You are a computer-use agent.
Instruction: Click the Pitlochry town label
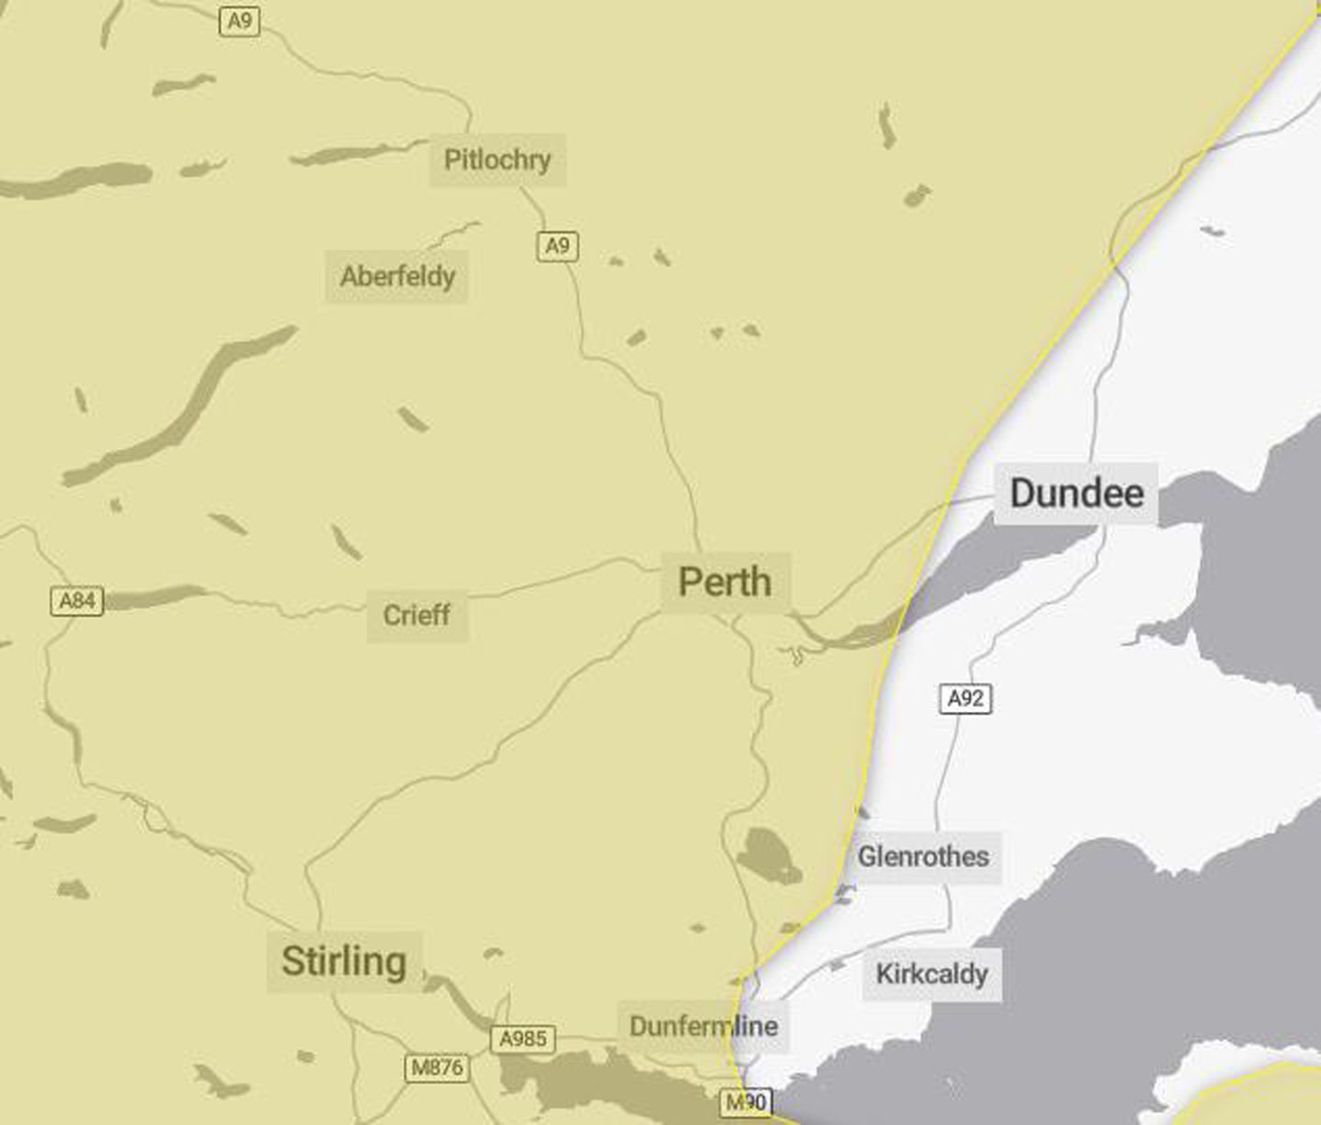tap(497, 160)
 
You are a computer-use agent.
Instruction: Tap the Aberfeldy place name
tap(397, 276)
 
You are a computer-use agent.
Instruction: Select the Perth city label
tap(725, 582)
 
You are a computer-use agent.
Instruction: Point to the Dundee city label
tap(1076, 494)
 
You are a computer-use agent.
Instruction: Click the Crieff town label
tap(416, 615)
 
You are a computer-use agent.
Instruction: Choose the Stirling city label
tap(344, 962)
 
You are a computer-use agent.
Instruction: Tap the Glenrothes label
tap(923, 857)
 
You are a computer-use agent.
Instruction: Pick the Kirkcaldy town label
tap(931, 974)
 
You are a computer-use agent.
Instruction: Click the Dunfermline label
tap(704, 1026)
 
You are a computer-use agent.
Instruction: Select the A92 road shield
tap(966, 699)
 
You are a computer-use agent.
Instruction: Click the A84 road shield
tap(77, 601)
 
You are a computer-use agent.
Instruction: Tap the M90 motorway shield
tap(746, 1102)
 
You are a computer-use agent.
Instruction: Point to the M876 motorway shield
tap(438, 1067)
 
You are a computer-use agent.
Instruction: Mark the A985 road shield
tap(523, 1039)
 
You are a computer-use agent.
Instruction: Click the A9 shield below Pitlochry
tap(558, 246)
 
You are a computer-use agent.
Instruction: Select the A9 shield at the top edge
tap(239, 20)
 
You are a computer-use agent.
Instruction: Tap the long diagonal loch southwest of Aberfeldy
tap(183, 404)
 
